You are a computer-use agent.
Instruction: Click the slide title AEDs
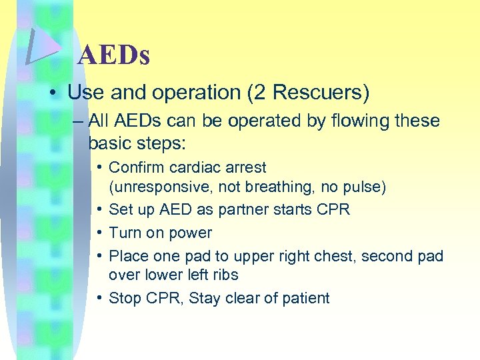(113, 55)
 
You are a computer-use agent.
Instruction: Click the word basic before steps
(111, 143)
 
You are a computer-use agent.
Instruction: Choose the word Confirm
(135, 167)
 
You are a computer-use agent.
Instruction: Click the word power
(191, 233)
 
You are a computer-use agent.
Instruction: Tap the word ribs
(225, 275)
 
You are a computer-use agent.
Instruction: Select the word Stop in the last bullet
(123, 298)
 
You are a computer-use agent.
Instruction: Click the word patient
(306, 298)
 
